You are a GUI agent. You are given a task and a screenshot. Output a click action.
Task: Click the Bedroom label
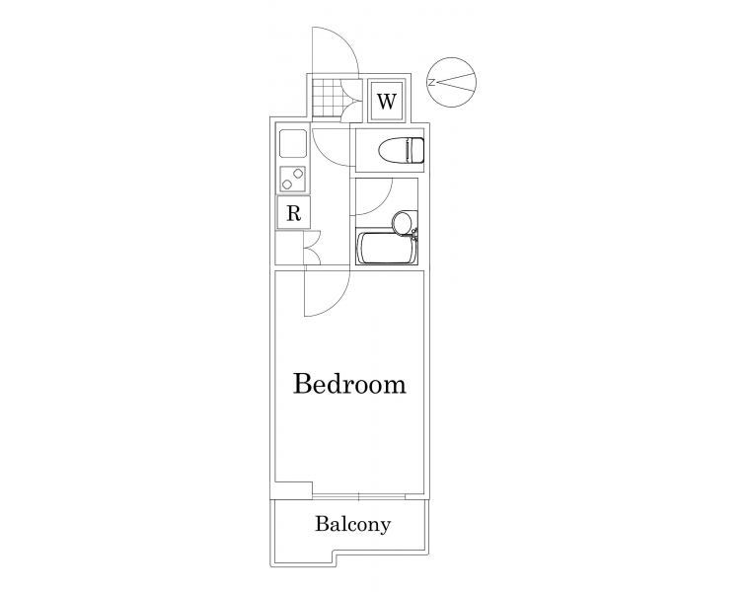click(x=349, y=384)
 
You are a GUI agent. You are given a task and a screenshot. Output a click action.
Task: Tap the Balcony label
click(x=352, y=524)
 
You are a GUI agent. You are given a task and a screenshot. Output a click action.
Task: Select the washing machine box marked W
click(x=387, y=101)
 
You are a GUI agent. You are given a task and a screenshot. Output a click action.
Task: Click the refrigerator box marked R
click(x=294, y=212)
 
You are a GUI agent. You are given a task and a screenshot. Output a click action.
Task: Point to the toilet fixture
click(x=401, y=149)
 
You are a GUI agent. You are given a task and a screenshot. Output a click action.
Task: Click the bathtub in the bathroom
click(x=386, y=248)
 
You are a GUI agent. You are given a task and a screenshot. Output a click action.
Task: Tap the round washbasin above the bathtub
click(x=402, y=222)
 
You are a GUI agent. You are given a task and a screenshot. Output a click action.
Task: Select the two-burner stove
click(x=293, y=179)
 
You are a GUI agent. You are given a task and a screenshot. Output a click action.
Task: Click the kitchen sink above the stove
click(x=293, y=143)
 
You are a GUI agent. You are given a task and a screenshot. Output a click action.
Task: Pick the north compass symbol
click(x=451, y=82)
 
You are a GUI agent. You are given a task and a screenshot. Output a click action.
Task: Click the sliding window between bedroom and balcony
click(x=359, y=496)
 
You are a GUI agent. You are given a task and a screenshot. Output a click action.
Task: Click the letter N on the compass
click(x=431, y=82)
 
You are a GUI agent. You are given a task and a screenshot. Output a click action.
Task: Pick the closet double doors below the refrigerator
click(x=312, y=248)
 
